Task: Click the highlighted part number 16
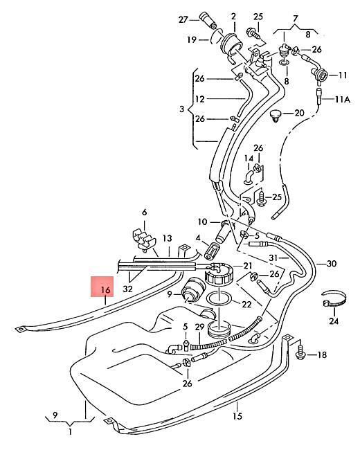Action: [106, 290]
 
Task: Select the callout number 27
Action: [183, 19]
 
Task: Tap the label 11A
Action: [343, 100]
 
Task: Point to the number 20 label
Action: [300, 113]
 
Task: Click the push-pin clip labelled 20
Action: [276, 116]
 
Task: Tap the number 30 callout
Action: [332, 264]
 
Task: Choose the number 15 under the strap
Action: [237, 415]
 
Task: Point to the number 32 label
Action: [127, 289]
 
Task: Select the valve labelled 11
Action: [319, 75]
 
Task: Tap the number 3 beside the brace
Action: [181, 109]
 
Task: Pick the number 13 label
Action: [168, 238]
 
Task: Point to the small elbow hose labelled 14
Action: [249, 177]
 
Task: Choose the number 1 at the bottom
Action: [70, 431]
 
